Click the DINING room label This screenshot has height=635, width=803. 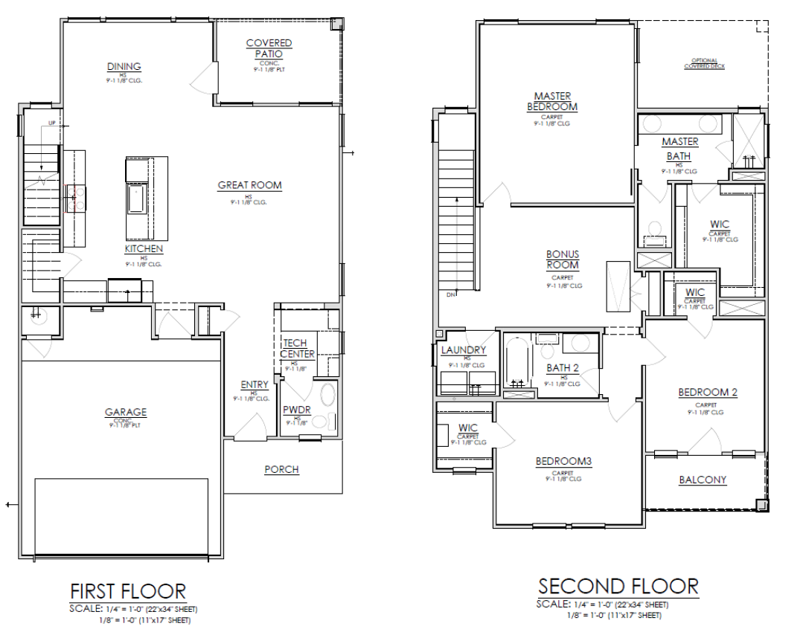point(124,67)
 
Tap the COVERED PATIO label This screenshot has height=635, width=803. point(269,48)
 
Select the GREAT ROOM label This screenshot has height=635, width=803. point(249,185)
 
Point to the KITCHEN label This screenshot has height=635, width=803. point(144,249)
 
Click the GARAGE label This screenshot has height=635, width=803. point(125,412)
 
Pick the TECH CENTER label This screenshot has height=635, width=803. point(297,349)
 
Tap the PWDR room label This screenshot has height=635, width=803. point(296,410)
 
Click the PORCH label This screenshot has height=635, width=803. point(281,469)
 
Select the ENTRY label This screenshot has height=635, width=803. point(255,384)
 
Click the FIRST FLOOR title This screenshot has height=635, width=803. point(127,591)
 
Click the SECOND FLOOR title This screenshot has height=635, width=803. point(618,586)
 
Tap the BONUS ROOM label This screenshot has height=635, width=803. point(563,260)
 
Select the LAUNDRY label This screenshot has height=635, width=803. point(463,350)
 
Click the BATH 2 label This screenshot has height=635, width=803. point(562,367)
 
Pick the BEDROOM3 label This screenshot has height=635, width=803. point(563,462)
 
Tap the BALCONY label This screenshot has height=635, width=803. point(703,480)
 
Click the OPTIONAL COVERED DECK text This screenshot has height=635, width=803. point(704,63)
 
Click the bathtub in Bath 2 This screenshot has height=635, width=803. point(516,362)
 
